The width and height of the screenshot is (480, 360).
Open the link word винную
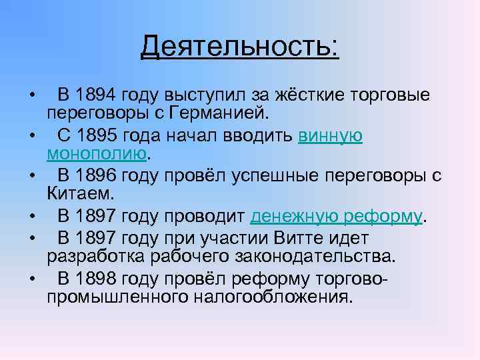click(x=331, y=135)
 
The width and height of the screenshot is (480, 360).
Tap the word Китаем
click(x=72, y=195)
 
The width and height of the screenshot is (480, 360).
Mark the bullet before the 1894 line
click(x=31, y=95)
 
